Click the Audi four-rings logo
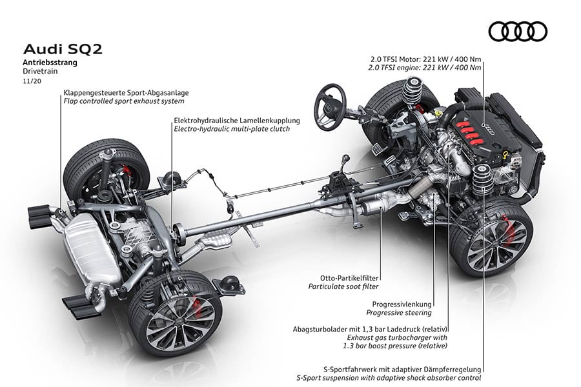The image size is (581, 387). pyautogui.click(x=517, y=31)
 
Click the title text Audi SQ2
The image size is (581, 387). pyautogui.click(x=54, y=49)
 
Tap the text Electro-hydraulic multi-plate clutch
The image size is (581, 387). pyautogui.click(x=232, y=129)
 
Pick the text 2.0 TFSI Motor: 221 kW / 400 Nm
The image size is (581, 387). pyautogui.click(x=423, y=58)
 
